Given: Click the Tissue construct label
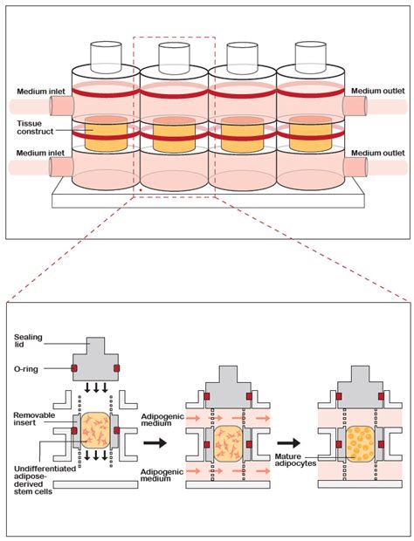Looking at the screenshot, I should (x=34, y=127).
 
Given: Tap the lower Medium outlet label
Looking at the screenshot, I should (x=376, y=154).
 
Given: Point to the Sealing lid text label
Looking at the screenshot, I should (x=34, y=339).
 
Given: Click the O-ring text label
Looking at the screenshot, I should (x=33, y=368).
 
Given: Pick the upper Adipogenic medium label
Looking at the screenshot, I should (x=163, y=419).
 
